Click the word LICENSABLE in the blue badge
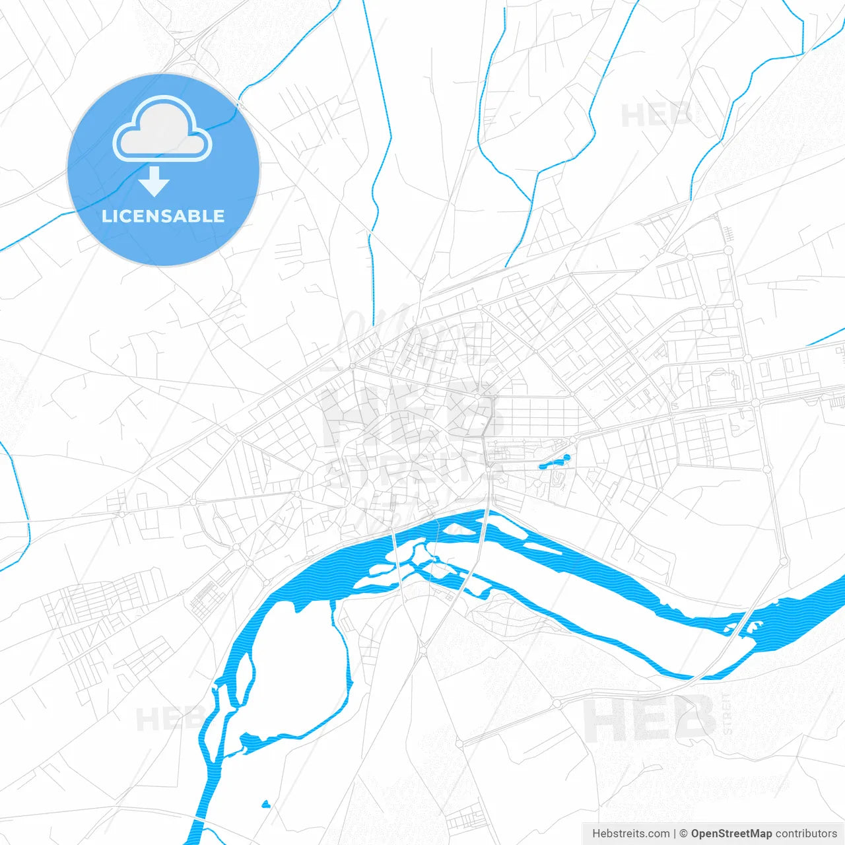tap(163, 217)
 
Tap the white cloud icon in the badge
tap(162, 129)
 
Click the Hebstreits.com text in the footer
tap(630, 834)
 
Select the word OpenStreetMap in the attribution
tap(731, 834)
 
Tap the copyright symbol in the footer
tap(683, 834)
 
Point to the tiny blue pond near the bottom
tap(265, 804)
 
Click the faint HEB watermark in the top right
tap(655, 116)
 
